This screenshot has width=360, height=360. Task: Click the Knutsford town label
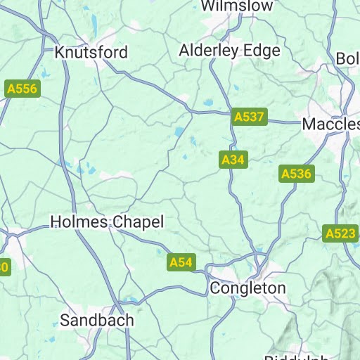coord(91,53)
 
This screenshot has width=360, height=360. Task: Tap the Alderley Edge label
coord(229,51)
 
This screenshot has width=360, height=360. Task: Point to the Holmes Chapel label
coord(107,222)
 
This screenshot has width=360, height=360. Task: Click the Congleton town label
coord(248,288)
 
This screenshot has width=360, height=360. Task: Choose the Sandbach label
coord(96,320)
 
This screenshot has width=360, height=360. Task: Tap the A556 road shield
coord(22,89)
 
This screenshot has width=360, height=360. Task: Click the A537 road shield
coord(250,117)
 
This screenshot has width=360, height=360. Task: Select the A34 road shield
coord(233,160)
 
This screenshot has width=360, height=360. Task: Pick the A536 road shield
coord(296,174)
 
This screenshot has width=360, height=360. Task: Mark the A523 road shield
coord(340,233)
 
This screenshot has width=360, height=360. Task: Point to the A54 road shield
coord(181,262)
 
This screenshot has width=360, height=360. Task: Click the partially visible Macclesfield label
coord(330,124)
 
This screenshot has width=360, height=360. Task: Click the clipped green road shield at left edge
coord(4,266)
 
